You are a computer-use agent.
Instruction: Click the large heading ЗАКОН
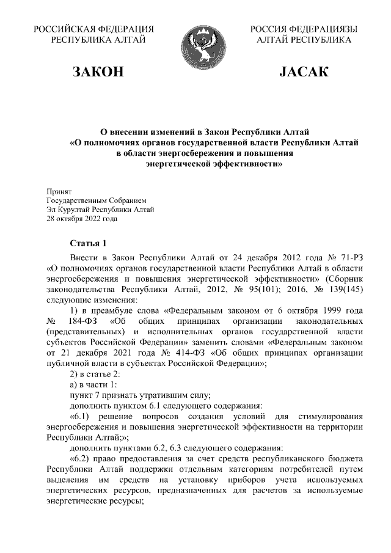(98, 73)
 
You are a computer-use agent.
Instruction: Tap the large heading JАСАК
(304, 73)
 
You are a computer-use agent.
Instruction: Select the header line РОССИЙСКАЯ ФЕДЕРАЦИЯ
(93, 29)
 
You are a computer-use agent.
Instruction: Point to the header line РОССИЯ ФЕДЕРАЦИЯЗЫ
(304, 29)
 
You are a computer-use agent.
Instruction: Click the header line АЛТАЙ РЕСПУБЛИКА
(304, 40)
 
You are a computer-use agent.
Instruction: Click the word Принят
(59, 191)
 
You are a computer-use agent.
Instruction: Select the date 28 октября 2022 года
(82, 218)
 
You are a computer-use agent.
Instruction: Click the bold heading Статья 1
(89, 243)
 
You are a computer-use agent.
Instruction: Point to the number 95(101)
(260, 289)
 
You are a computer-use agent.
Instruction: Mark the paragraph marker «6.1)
(83, 417)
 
